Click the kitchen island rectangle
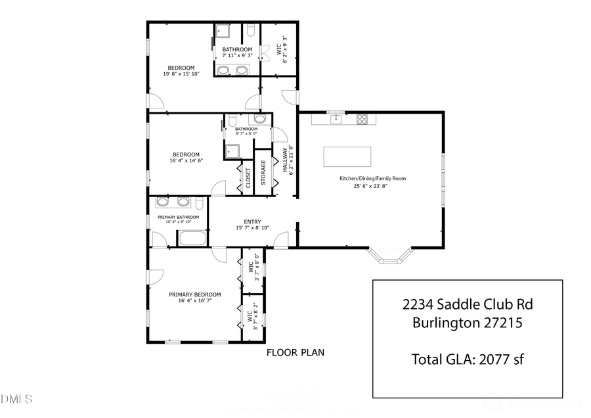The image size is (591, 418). click(x=347, y=157)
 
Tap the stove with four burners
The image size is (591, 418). click(x=362, y=119)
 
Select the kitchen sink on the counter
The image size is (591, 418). click(x=337, y=119)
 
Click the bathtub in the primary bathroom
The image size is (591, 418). click(x=192, y=238)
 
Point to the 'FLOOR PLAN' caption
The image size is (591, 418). click(x=295, y=352)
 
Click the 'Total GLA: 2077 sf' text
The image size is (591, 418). click(x=467, y=359)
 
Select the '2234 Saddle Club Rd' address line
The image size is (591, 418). click(x=467, y=304)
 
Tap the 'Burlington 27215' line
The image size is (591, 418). click(x=467, y=323)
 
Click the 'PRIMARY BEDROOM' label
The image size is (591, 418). click(x=194, y=294)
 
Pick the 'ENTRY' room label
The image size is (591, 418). click(x=252, y=221)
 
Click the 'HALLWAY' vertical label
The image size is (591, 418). click(x=286, y=160)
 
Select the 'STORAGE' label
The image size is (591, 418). click(x=263, y=172)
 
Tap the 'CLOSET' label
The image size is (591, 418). click(x=248, y=177)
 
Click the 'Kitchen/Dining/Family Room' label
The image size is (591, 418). click(x=372, y=178)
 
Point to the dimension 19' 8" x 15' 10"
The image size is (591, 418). click(x=181, y=75)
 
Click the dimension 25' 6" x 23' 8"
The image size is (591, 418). click(x=372, y=186)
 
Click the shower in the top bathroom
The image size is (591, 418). click(x=223, y=32)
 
